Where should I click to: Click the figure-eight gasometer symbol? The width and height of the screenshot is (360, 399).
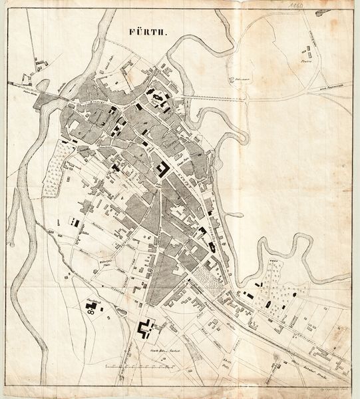tap(90, 307)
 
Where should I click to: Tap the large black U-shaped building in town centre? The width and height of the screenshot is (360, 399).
tap(162, 169)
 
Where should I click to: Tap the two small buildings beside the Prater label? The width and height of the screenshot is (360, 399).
tap(309, 50)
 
